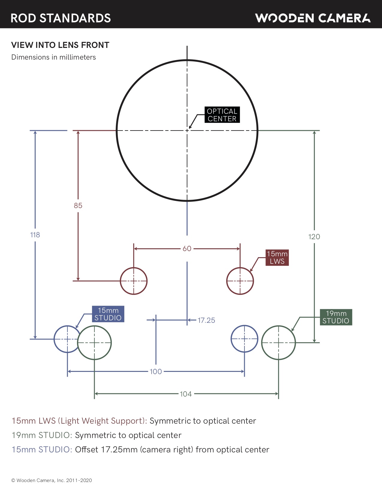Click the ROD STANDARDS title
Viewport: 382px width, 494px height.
(x=61, y=18)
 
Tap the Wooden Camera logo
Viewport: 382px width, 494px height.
(x=313, y=18)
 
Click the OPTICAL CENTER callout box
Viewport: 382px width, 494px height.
(x=222, y=115)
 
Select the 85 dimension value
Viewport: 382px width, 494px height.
(x=78, y=206)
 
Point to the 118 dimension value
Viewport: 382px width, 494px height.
(x=35, y=235)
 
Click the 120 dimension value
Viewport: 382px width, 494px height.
(x=314, y=237)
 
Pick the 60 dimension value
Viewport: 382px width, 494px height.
(x=187, y=249)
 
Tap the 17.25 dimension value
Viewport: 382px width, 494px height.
(x=206, y=320)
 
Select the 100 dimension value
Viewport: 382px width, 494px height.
(x=156, y=372)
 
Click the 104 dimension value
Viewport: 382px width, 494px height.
(x=186, y=394)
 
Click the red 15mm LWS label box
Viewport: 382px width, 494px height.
(x=277, y=258)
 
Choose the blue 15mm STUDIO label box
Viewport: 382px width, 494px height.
(x=108, y=314)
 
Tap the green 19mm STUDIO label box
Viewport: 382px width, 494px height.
(x=336, y=317)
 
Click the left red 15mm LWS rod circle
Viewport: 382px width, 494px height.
(x=134, y=281)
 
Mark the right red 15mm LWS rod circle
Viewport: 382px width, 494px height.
(x=240, y=281)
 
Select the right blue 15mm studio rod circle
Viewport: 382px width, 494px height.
(x=244, y=339)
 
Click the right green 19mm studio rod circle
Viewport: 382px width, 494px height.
(x=278, y=343)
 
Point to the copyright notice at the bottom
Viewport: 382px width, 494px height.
(x=52, y=481)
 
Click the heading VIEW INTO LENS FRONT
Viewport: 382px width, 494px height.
(x=60, y=45)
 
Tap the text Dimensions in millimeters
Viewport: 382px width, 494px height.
(x=54, y=57)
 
